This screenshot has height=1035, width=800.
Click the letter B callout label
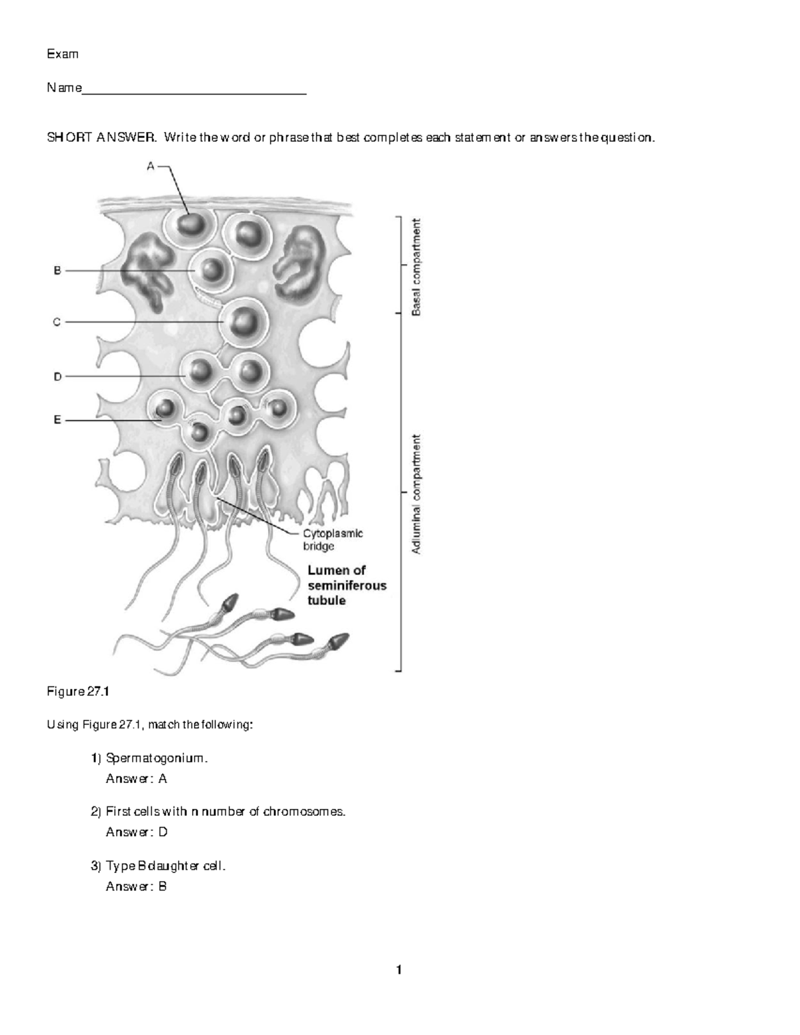57,271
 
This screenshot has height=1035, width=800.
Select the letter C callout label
57,322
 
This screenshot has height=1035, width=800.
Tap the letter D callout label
57,377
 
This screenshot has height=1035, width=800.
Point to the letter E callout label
57,420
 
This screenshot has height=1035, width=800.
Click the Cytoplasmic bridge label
333,539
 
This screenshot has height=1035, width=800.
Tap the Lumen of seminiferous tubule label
346,585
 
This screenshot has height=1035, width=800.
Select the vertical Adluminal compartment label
416,494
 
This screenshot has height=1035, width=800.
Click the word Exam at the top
62,54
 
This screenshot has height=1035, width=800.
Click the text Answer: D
136,832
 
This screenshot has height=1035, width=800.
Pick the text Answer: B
136,886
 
